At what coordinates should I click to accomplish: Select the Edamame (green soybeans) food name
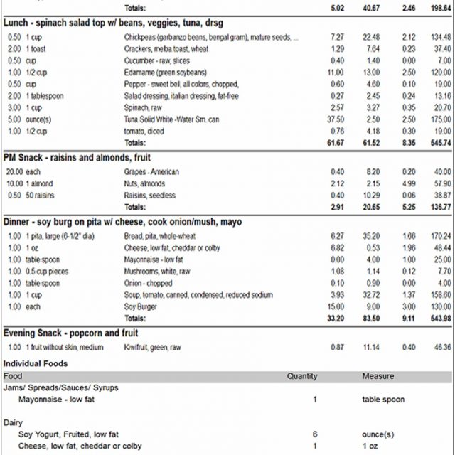pyautogui.click(x=165, y=73)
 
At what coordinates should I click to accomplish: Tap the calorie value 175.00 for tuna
pyautogui.click(x=441, y=119)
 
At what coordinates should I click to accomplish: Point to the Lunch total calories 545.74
pyautogui.click(x=440, y=143)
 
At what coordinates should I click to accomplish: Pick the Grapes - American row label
pyautogui.click(x=151, y=172)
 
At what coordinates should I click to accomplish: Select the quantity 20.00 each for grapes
pyautogui.click(x=23, y=172)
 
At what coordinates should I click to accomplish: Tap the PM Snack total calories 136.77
pyautogui.click(x=440, y=207)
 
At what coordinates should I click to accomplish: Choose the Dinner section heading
pyautogui.click(x=122, y=222)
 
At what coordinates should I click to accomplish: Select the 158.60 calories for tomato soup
pyautogui.click(x=441, y=295)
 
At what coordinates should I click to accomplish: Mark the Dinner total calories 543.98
pyautogui.click(x=440, y=318)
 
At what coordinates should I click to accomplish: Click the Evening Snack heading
pyautogui.click(x=71, y=333)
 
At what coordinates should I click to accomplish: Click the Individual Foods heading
pyautogui.click(x=36, y=363)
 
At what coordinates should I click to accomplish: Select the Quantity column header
pyautogui.click(x=302, y=375)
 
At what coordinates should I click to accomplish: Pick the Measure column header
pyautogui.click(x=378, y=375)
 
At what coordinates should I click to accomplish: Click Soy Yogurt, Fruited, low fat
pyautogui.click(x=68, y=434)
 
